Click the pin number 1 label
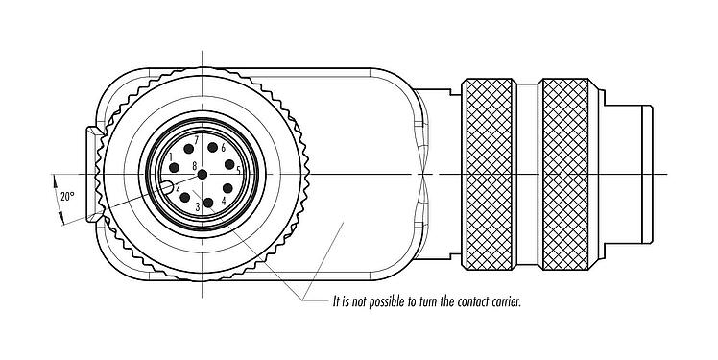pos(171,156)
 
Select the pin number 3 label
pos(197,206)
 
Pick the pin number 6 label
pos(223,148)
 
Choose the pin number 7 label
pos(196,141)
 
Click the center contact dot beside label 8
pos(203,174)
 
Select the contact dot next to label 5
pos(228,165)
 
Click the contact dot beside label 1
pos(174,167)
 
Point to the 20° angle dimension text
pos(66,196)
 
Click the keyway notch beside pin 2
pos(167,187)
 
